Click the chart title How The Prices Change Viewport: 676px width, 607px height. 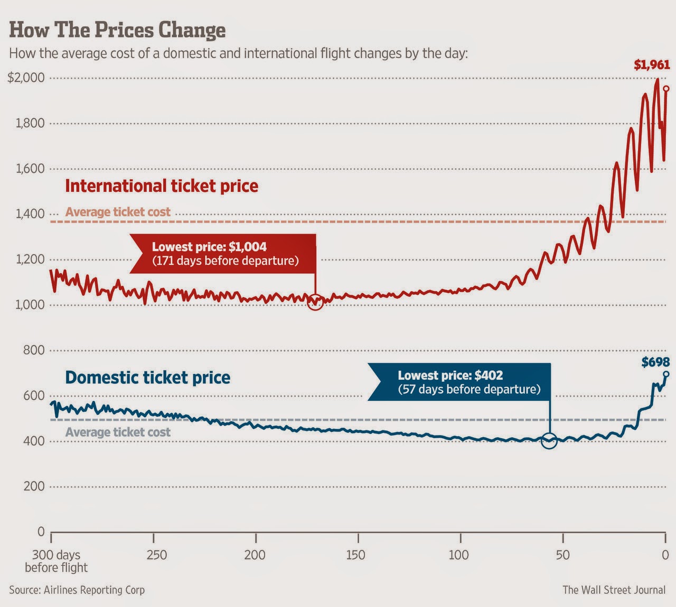click(117, 30)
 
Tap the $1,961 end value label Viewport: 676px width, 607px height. click(652, 65)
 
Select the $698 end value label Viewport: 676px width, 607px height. click(655, 362)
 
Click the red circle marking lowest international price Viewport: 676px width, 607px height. click(315, 302)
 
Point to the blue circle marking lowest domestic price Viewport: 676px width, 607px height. click(549, 440)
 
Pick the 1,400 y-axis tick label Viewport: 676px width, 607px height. click(30, 214)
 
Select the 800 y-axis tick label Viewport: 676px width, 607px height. click(33, 350)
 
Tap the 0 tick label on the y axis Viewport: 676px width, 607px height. click(41, 532)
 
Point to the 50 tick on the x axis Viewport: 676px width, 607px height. click(562, 555)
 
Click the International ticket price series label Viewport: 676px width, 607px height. click(162, 186)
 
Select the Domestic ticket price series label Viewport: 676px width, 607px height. click(148, 378)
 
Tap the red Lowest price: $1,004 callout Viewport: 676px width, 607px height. click(225, 254)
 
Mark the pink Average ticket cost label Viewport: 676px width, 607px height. click(118, 212)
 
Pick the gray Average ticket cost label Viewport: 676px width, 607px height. click(118, 432)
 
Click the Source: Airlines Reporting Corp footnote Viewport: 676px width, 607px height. click(77, 590)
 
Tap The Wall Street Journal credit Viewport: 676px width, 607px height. click(614, 590)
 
